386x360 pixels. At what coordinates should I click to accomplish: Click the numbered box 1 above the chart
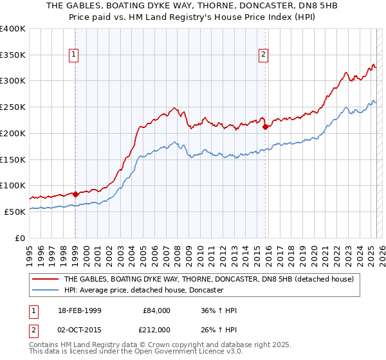click(75, 55)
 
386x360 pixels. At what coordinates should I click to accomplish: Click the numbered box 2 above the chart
click(264, 55)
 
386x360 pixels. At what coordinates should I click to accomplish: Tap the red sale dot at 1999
click(75, 194)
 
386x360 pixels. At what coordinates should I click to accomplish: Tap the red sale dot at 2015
click(265, 127)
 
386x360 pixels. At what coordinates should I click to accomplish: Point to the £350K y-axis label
click(13, 55)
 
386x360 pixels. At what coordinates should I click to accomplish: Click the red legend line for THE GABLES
click(45, 280)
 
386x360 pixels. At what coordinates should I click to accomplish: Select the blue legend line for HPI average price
click(45, 291)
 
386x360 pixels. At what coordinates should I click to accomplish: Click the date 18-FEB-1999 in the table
click(80, 310)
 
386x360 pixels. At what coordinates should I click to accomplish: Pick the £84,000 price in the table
click(155, 310)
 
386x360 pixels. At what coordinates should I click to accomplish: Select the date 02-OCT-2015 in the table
click(80, 330)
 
